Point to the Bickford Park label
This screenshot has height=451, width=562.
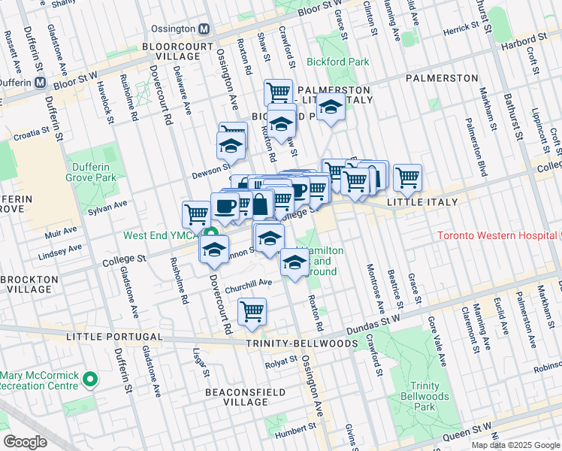click(334, 61)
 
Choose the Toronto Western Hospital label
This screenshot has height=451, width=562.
click(496, 235)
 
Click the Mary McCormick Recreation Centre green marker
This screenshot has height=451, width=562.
click(90, 380)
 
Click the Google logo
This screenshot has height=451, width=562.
click(26, 442)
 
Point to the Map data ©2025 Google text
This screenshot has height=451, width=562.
click(515, 445)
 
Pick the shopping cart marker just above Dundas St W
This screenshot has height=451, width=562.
click(252, 311)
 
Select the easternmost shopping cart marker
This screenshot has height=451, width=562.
click(407, 177)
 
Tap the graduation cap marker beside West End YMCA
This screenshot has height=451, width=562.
click(214, 249)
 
